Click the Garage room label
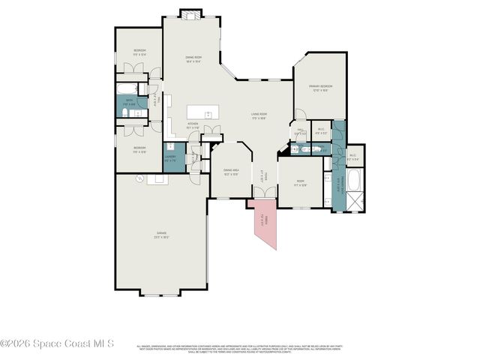pyautogui.click(x=161, y=235)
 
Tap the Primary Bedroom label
pyautogui.click(x=320, y=88)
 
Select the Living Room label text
pyautogui.click(x=259, y=116)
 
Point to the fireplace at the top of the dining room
pyautogui.click(x=191, y=13)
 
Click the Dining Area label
pyautogui.click(x=232, y=172)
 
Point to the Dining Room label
pyautogui.click(x=194, y=58)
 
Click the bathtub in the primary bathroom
pyautogui.click(x=353, y=180)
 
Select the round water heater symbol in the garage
pyautogui.click(x=139, y=178)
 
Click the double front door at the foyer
pyautogui.click(x=263, y=193)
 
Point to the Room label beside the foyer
pyautogui.click(x=299, y=182)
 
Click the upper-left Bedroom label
pyautogui.click(x=139, y=52)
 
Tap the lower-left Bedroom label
pyautogui.click(x=139, y=149)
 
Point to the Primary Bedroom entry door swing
pyautogui.click(x=299, y=115)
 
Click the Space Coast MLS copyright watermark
pyautogui.click(x=57, y=343)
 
